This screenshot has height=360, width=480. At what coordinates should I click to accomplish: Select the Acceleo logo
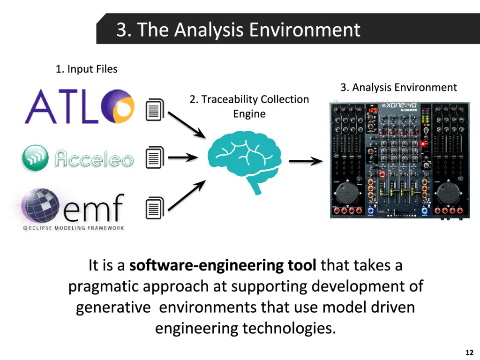click(77, 158)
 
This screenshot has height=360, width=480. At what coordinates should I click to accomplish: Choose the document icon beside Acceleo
click(155, 157)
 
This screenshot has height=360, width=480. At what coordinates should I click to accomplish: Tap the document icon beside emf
click(155, 208)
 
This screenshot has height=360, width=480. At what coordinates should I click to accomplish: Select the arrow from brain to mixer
click(306, 162)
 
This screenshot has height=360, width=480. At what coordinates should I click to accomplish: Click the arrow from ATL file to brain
click(187, 124)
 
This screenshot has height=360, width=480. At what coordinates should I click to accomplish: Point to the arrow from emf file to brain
click(187, 195)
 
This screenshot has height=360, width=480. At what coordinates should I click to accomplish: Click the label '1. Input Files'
click(86, 69)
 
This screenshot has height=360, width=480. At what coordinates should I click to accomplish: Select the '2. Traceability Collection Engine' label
click(249, 106)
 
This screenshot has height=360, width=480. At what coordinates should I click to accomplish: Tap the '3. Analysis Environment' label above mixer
click(398, 87)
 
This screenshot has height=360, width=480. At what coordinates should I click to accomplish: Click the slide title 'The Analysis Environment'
click(238, 30)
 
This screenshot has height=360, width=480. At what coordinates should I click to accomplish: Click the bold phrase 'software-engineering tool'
click(223, 266)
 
